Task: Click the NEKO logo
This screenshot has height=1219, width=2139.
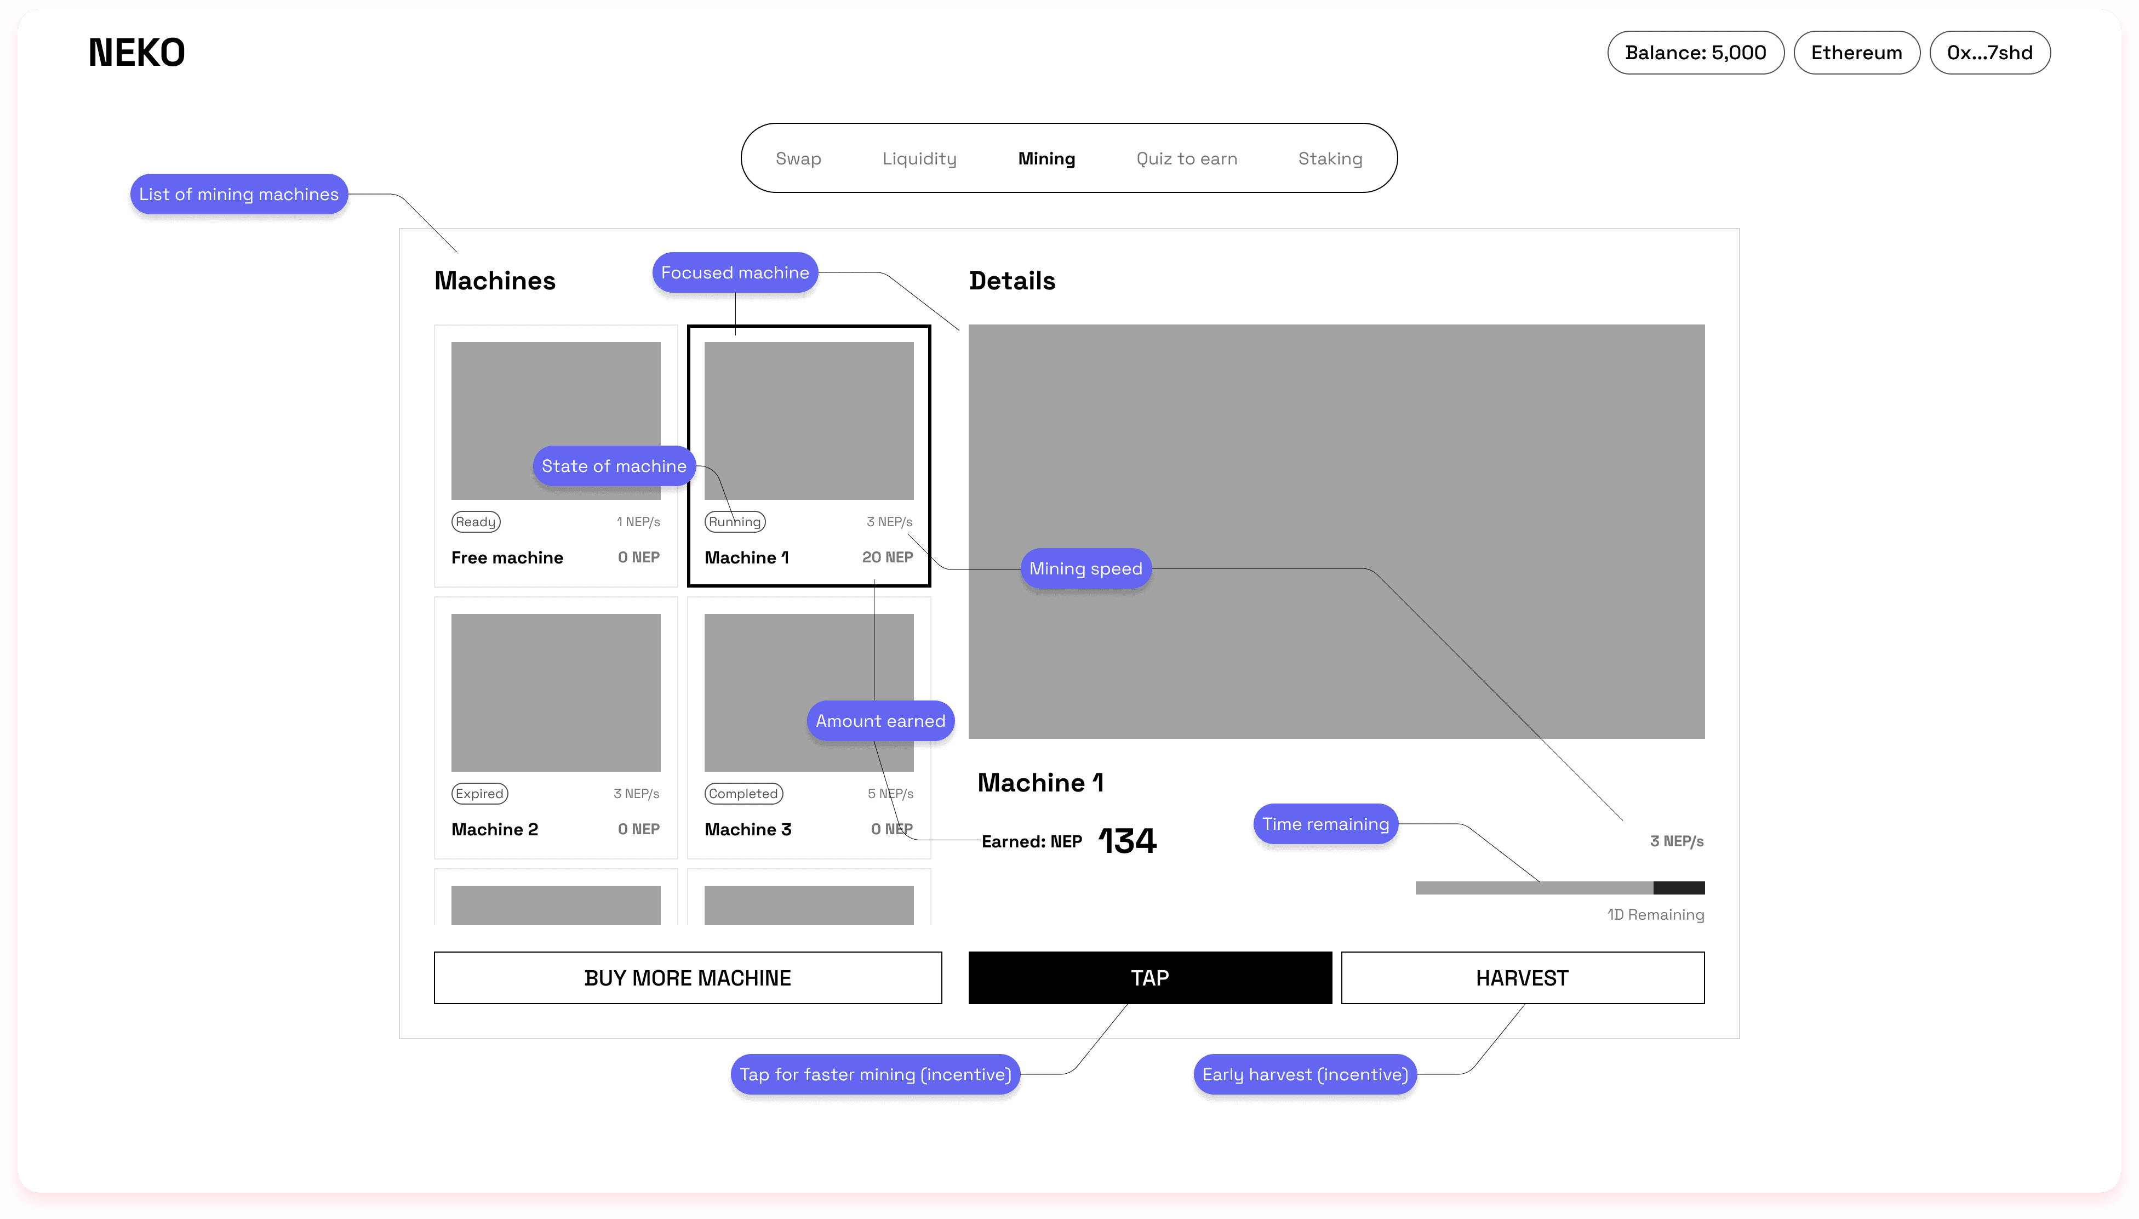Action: click(x=136, y=53)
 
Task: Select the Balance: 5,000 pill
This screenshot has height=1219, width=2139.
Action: click(x=1695, y=53)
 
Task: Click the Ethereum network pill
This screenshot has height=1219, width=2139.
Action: click(x=1856, y=53)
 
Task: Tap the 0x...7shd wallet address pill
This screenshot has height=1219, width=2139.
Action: click(x=1989, y=53)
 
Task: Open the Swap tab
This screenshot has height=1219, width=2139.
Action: click(x=798, y=158)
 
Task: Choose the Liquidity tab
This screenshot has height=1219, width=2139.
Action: click(x=919, y=158)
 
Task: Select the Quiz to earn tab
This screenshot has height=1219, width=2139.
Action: click(x=1186, y=158)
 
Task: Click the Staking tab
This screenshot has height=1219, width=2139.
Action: click(x=1330, y=158)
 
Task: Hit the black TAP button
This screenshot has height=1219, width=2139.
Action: click(x=1149, y=977)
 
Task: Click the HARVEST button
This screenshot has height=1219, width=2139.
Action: click(x=1522, y=977)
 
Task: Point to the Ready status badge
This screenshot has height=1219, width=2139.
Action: click(x=476, y=522)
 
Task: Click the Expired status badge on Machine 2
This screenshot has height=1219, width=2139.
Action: click(x=479, y=793)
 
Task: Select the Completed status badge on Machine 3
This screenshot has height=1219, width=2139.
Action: click(x=743, y=793)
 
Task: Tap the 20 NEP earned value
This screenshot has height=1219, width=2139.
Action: click(x=887, y=557)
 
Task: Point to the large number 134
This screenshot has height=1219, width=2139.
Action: click(x=1127, y=841)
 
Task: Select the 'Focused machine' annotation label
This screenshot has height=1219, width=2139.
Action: click(x=735, y=272)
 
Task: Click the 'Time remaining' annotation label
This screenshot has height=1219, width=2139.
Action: click(x=1325, y=824)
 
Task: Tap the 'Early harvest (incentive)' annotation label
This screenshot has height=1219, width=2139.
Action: click(x=1305, y=1074)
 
